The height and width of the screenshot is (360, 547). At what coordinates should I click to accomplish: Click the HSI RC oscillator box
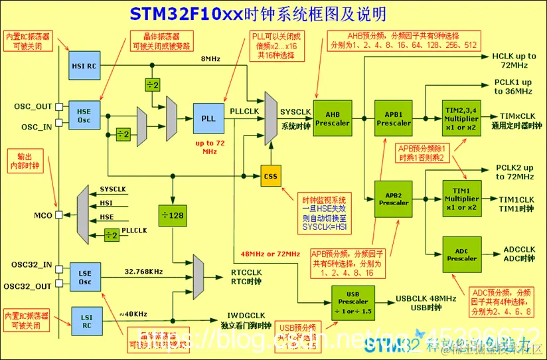[x=84, y=66]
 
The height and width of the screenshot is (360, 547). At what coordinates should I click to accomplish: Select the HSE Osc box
[x=84, y=114]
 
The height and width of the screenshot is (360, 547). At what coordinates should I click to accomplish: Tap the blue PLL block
[x=208, y=118]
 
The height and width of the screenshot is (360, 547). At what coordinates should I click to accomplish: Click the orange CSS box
[x=270, y=176]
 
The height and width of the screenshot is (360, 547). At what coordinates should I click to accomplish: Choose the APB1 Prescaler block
[x=393, y=118]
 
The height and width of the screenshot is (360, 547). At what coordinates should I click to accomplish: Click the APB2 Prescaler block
[x=393, y=198]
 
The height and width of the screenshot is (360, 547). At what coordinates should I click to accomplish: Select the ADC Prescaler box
[x=461, y=254]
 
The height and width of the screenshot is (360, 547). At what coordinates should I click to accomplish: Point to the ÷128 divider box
[x=172, y=215]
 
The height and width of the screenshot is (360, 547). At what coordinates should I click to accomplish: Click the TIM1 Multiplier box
[x=461, y=198]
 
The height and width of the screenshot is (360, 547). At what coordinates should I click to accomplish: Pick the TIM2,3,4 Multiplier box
[x=461, y=118]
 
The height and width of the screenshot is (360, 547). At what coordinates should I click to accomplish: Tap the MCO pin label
[x=44, y=216]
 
